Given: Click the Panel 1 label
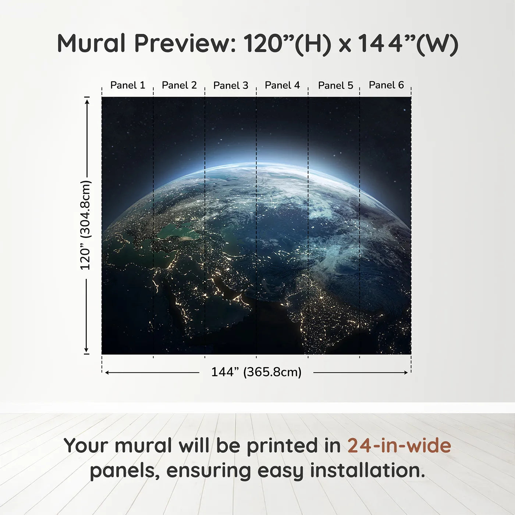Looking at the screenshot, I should (128, 85).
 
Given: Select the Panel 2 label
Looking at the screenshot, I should (179, 85).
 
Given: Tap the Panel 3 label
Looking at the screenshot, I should (231, 85).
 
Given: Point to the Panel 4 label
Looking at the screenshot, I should (282, 85).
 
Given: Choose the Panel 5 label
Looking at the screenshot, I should (335, 85).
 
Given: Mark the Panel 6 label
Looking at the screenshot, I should (386, 85).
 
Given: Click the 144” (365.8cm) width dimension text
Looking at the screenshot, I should (256, 372).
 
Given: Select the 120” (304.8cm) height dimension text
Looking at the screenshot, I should (85, 225).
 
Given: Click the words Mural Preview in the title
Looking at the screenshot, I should (146, 43).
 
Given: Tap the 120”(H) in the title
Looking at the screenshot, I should (287, 43).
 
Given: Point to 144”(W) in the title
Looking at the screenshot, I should (408, 43).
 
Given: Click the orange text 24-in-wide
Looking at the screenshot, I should (399, 446).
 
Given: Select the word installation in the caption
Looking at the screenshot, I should (367, 470).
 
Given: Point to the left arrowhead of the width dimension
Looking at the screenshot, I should (107, 373).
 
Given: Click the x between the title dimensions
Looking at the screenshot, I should (345, 45).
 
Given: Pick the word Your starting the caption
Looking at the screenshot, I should (86, 446).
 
